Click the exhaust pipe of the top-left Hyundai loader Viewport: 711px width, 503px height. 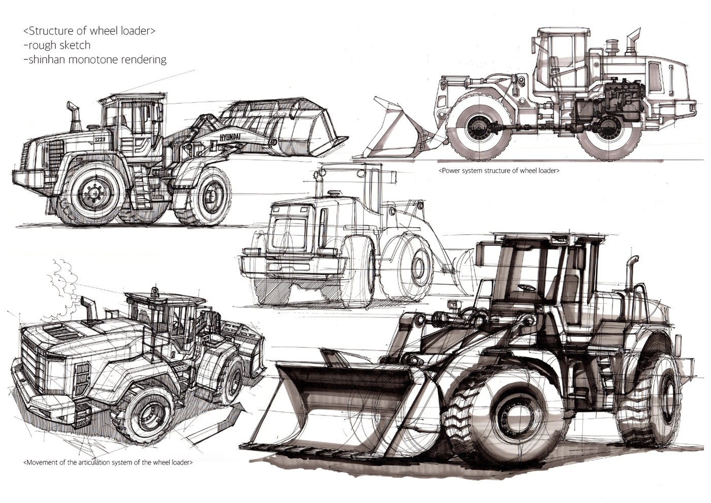click(74, 118)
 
